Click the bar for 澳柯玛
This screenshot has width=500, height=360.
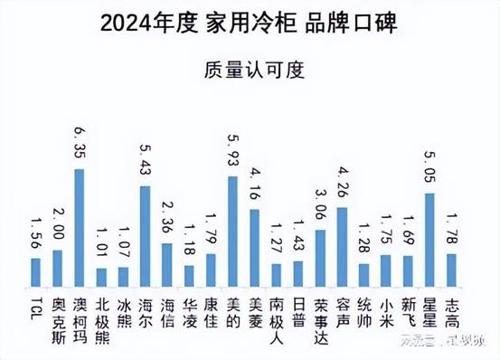80,226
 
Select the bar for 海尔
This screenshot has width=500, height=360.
145,235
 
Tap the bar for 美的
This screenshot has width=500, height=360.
232,230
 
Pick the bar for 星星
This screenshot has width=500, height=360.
429,239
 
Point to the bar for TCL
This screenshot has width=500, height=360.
35,270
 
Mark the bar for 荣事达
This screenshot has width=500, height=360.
320,257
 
